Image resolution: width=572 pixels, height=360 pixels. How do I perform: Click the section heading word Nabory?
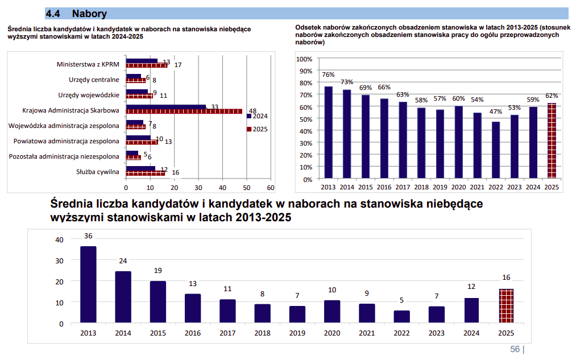[89, 14]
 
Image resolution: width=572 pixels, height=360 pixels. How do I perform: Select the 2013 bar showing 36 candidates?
[88, 284]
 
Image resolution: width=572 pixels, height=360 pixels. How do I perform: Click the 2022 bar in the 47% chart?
[496, 150]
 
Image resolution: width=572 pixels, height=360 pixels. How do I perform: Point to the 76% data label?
[328, 75]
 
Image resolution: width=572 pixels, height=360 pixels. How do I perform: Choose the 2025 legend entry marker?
[248, 129]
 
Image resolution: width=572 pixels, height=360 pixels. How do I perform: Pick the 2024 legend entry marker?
[248, 116]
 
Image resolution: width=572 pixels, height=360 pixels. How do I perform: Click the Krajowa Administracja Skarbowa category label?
[71, 110]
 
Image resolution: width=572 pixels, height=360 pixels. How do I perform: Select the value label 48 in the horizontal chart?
[253, 111]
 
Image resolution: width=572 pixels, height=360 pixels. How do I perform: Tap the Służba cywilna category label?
[98, 172]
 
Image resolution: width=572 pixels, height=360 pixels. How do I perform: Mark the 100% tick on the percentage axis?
[304, 59]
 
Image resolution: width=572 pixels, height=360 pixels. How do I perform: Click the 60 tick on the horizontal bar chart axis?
[271, 188]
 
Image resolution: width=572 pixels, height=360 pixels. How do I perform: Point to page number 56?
[515, 349]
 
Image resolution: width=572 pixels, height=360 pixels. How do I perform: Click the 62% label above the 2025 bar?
[552, 96]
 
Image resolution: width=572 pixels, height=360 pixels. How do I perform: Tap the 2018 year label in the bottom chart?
[262, 333]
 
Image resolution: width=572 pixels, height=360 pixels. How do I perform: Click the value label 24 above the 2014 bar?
[123, 261]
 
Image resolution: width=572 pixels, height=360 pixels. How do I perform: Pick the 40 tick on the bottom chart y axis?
[60, 239]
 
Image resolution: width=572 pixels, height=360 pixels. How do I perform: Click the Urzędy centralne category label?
[94, 80]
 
